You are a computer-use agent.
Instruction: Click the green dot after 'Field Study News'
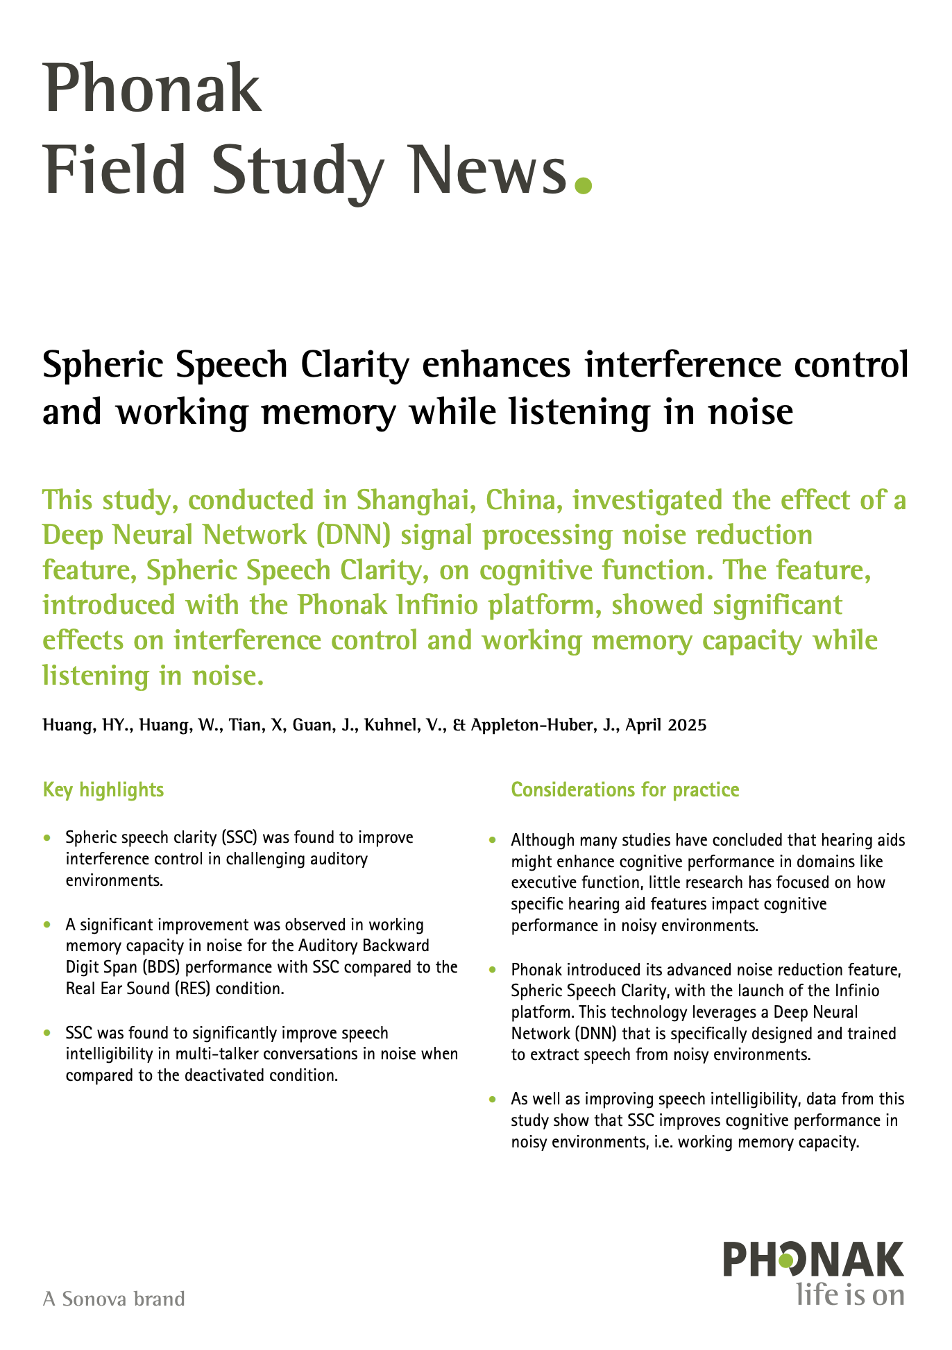click(584, 185)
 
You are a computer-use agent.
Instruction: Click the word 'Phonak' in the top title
click(153, 90)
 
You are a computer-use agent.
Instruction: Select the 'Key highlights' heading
click(103, 789)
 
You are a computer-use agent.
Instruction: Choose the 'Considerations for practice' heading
click(625, 789)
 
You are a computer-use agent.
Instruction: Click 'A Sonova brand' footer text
click(114, 1299)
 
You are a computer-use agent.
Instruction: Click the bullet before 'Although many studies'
click(493, 841)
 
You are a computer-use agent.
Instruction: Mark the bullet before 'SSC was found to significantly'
click(47, 1034)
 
